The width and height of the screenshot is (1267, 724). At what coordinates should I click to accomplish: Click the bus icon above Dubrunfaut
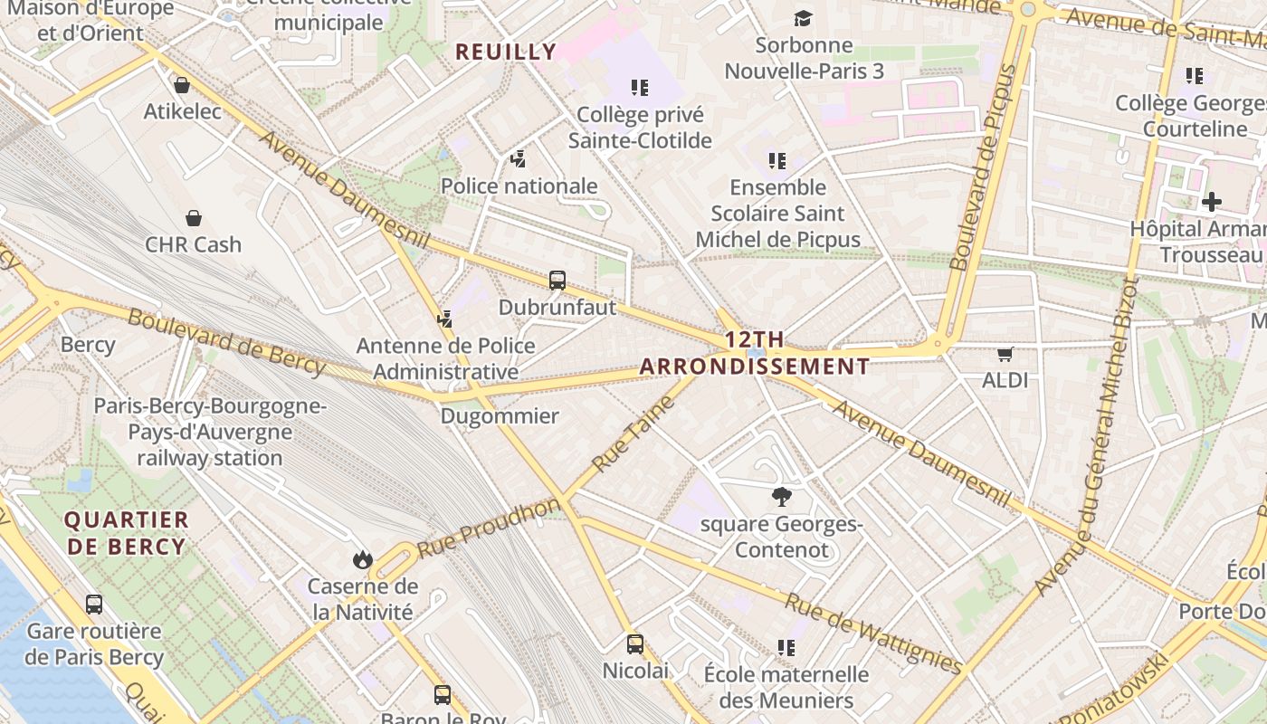click(557, 281)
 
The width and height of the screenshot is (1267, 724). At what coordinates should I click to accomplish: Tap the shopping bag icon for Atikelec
click(182, 85)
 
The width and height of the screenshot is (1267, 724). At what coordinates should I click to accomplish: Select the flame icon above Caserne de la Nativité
click(363, 559)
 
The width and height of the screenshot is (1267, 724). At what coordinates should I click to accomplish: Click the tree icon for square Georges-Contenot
click(781, 496)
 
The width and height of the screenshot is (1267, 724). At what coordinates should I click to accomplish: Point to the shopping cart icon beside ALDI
click(1005, 354)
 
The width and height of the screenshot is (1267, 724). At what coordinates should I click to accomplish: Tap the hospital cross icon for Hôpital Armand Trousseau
click(1212, 201)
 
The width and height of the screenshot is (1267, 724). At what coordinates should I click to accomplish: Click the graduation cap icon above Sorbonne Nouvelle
click(803, 18)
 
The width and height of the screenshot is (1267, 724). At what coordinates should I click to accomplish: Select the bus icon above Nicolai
click(635, 644)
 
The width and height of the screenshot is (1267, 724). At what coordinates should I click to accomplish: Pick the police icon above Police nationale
click(518, 159)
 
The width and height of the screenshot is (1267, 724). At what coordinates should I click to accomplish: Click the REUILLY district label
click(506, 52)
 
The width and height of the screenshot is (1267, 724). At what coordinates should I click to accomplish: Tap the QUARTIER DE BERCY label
click(127, 533)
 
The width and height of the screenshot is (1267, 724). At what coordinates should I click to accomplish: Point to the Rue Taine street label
click(633, 433)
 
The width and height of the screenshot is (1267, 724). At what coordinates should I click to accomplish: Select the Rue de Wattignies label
click(874, 634)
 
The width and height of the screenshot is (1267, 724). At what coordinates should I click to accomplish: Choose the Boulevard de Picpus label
click(984, 167)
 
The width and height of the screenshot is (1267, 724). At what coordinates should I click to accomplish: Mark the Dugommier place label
click(500, 416)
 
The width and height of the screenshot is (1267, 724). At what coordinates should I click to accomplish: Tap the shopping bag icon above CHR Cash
click(193, 218)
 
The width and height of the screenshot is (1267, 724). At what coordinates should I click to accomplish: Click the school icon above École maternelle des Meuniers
click(786, 647)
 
